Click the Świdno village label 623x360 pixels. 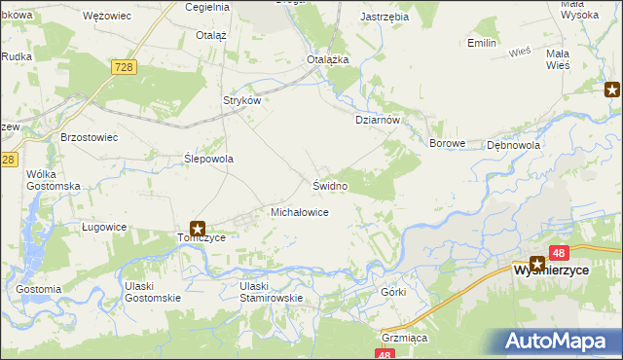click(330, 185)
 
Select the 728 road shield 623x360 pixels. click(124, 66)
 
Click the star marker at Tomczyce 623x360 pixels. click(198, 228)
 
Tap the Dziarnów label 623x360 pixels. click(377, 121)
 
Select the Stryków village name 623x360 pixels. click(243, 100)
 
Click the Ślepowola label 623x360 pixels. click(209, 158)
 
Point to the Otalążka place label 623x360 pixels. click(328, 59)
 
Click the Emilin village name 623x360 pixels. click(482, 44)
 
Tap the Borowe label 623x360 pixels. click(449, 143)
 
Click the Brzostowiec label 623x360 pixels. click(89, 138)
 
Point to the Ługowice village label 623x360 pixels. click(104, 227)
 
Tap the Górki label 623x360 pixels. click(393, 292)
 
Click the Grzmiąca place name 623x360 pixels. click(405, 338)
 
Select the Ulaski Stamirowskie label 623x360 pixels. click(273, 292)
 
